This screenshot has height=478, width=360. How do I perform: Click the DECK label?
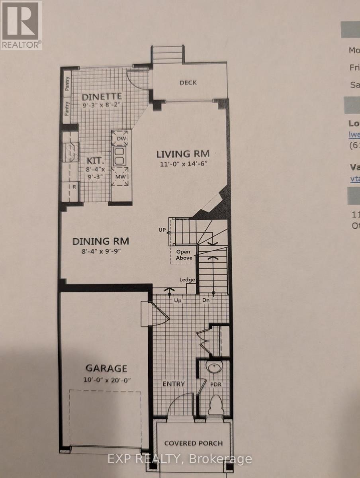point(188,82)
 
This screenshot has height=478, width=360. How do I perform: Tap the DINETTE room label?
point(102,96)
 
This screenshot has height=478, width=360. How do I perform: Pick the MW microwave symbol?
point(121,177)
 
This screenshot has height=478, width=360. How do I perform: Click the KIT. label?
point(95,161)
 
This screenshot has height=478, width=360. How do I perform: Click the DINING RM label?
point(101,241)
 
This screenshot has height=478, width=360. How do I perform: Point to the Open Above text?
point(184,255)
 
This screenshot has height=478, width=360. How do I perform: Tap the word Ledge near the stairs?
point(187,280)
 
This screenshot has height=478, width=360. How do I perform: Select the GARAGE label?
point(106,368)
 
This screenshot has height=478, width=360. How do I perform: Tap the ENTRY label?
point(174,384)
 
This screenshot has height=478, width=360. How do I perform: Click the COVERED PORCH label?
point(194,443)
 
